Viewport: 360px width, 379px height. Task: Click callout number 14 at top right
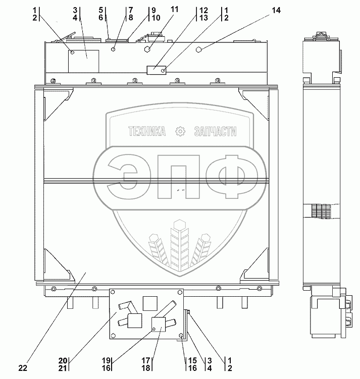(x=275, y=10)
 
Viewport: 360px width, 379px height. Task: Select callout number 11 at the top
(x=174, y=10)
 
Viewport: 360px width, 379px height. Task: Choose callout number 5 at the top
(x=101, y=10)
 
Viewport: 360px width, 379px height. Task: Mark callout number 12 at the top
(x=203, y=10)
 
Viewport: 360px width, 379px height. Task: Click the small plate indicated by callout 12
(x=156, y=70)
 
